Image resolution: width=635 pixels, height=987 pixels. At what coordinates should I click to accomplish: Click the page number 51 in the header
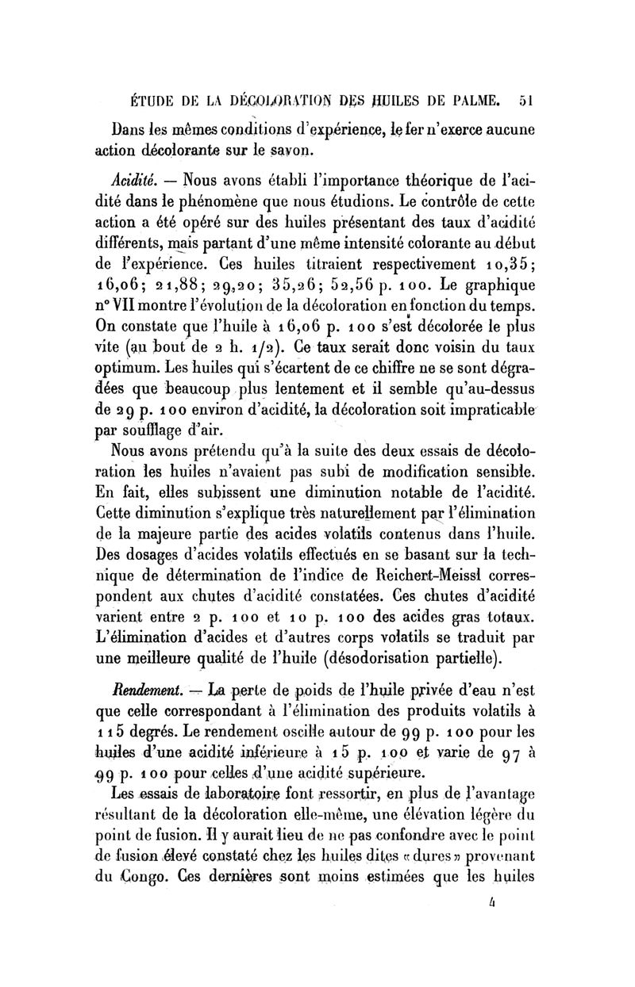coord(525,101)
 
